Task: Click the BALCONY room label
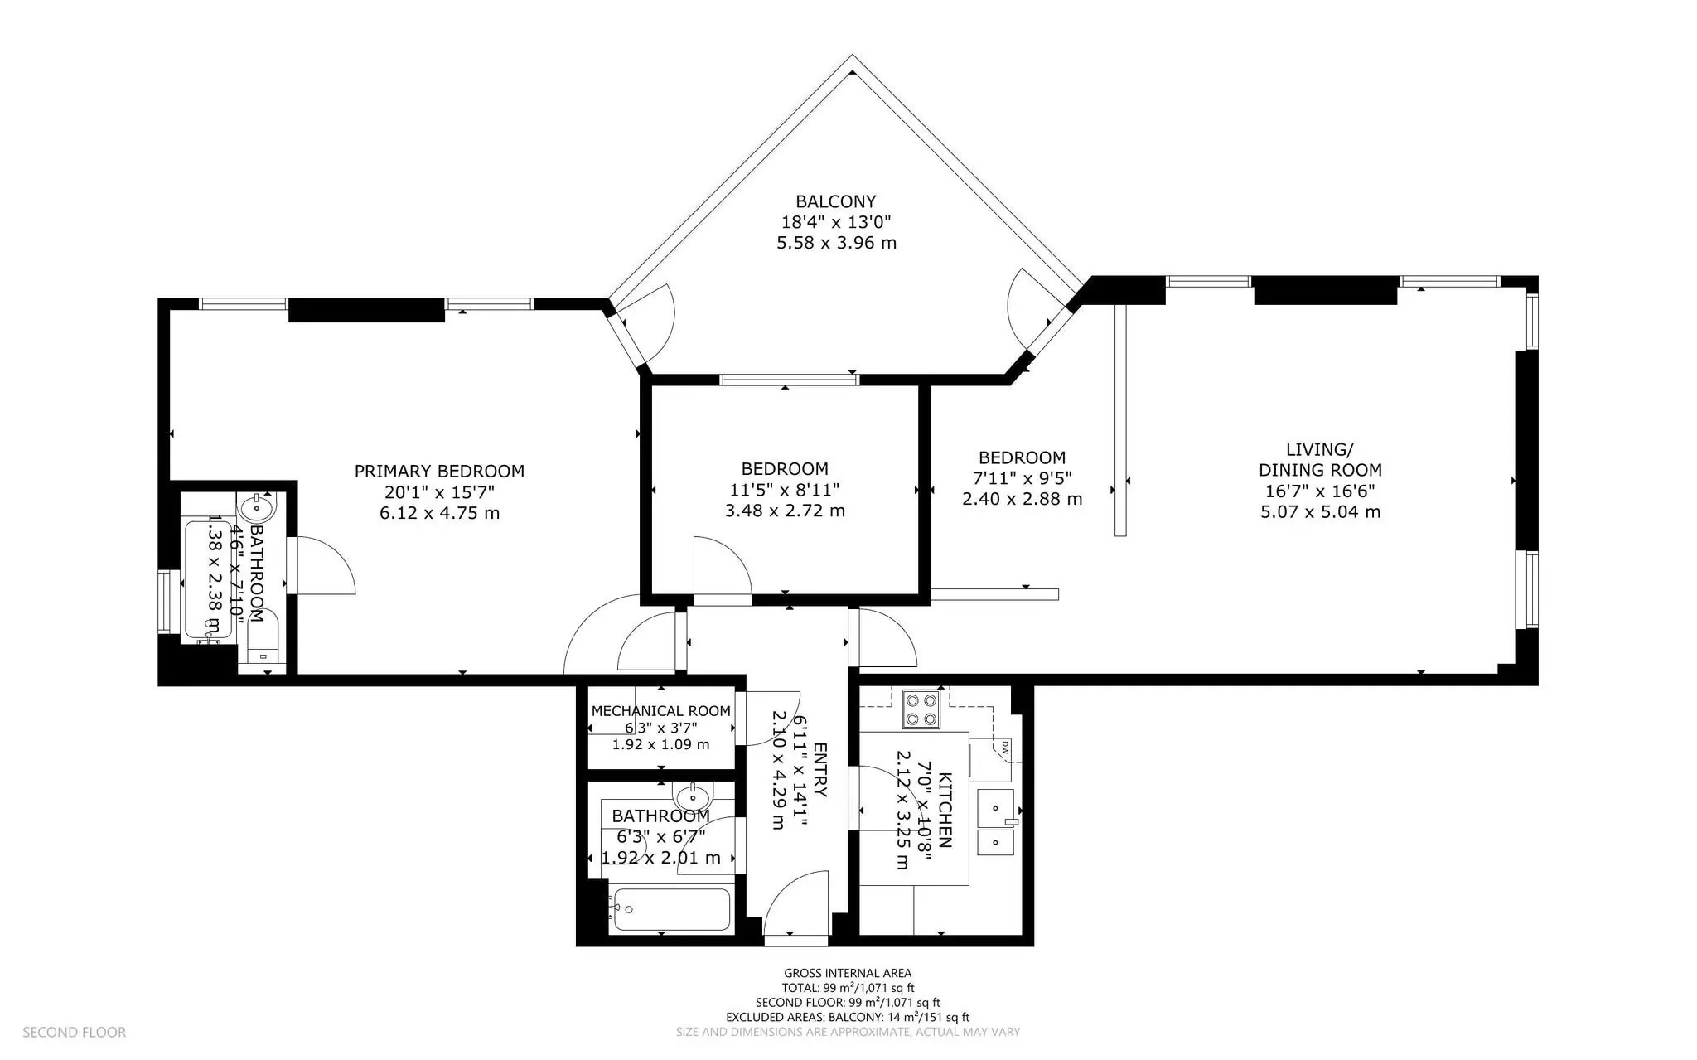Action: pyautogui.click(x=835, y=201)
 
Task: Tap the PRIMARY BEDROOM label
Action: pyautogui.click(x=439, y=472)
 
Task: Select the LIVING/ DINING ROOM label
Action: pyautogui.click(x=1320, y=460)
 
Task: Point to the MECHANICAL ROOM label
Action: pyautogui.click(x=660, y=711)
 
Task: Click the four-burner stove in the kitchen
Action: pyautogui.click(x=921, y=709)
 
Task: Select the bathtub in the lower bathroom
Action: pyautogui.click(x=670, y=909)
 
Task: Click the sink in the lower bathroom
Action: pyautogui.click(x=693, y=798)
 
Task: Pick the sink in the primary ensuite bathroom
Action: pyautogui.click(x=257, y=505)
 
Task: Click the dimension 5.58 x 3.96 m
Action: pyautogui.click(x=836, y=243)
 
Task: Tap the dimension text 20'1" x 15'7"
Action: pyautogui.click(x=439, y=492)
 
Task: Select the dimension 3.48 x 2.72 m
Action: pyautogui.click(x=785, y=511)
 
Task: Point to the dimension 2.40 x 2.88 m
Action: pyautogui.click(x=1022, y=499)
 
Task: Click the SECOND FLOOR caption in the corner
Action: pyautogui.click(x=75, y=1032)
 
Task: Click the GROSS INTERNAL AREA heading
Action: pyautogui.click(x=848, y=973)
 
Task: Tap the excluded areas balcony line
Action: pyautogui.click(x=848, y=1017)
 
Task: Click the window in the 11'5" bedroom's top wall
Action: pyautogui.click(x=789, y=380)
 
